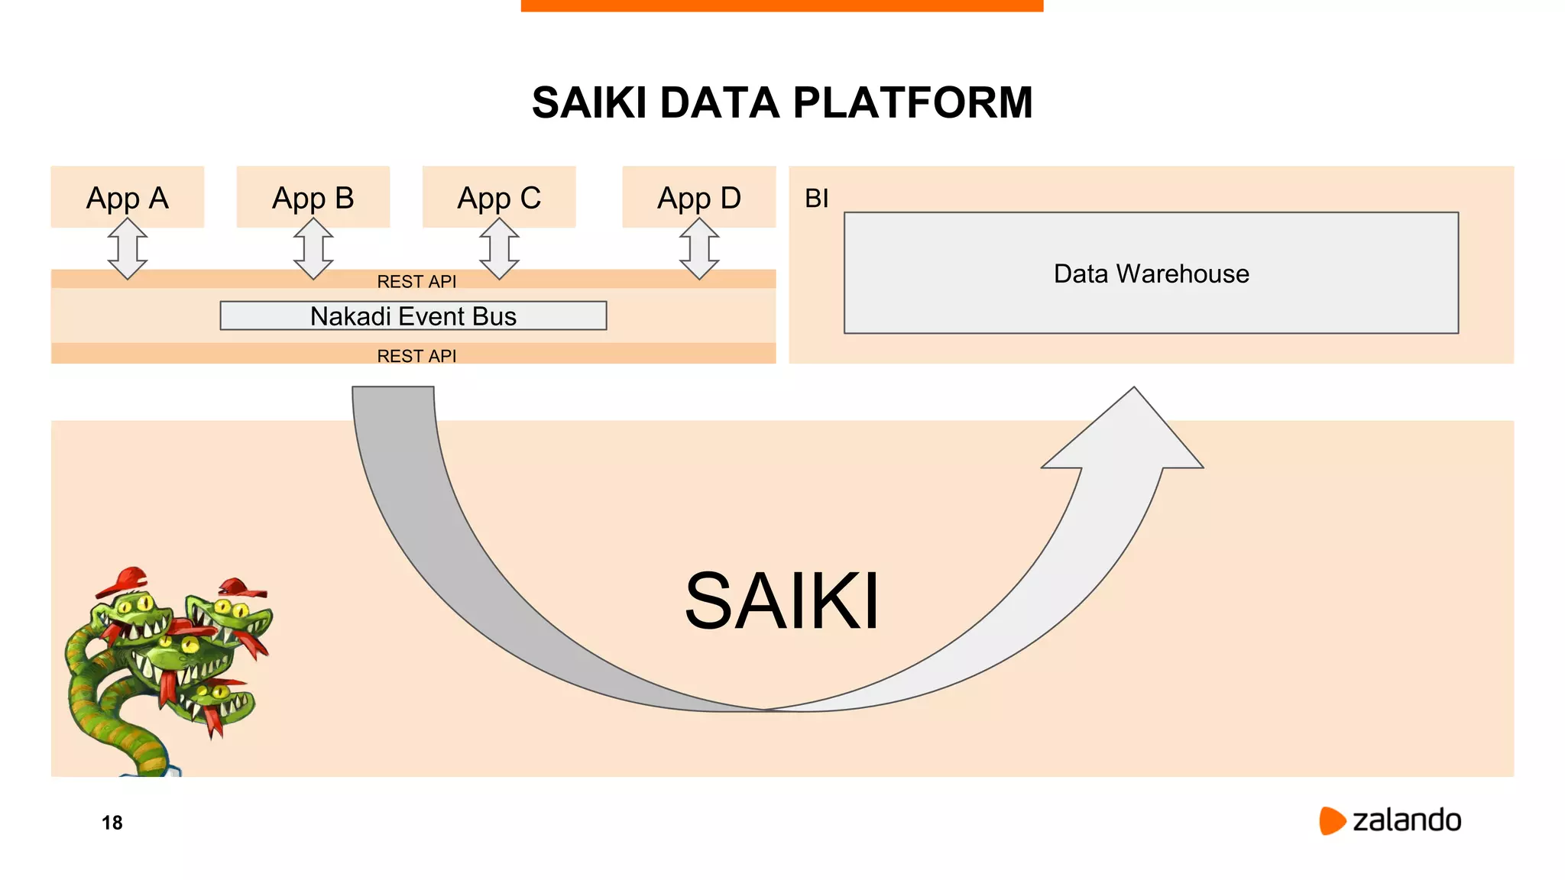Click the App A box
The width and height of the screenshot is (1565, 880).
click(127, 196)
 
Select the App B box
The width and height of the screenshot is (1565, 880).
click(313, 196)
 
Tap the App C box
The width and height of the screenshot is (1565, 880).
click(499, 196)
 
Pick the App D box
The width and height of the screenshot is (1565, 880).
click(698, 196)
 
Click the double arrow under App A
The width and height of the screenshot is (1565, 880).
click(128, 248)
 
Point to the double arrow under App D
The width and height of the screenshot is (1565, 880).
click(699, 248)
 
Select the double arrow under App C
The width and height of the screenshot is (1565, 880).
click(500, 248)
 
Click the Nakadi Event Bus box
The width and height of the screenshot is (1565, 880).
click(413, 315)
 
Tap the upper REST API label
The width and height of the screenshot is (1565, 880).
click(416, 281)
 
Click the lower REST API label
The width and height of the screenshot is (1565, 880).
click(416, 355)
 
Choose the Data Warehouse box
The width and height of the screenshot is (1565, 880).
click(1151, 273)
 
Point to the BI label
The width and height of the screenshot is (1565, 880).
click(816, 199)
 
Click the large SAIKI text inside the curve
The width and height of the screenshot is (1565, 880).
click(781, 601)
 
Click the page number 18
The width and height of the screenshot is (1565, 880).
click(112, 823)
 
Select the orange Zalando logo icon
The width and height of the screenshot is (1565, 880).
click(1331, 820)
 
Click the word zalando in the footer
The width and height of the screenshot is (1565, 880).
click(1406, 820)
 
